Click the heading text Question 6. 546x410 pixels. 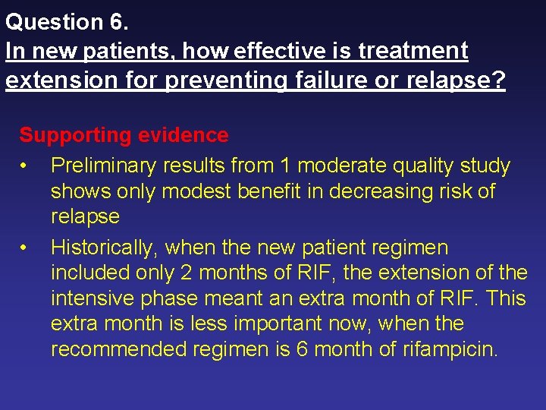[x=67, y=22]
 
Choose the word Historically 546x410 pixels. [x=105, y=248]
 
